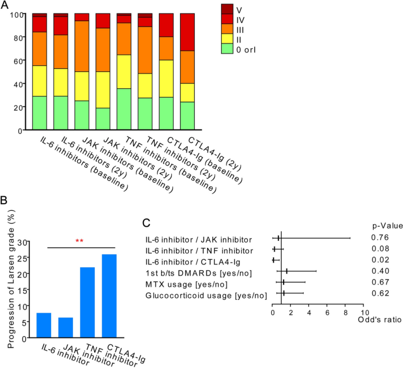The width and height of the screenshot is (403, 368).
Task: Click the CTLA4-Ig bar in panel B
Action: [109, 288]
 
